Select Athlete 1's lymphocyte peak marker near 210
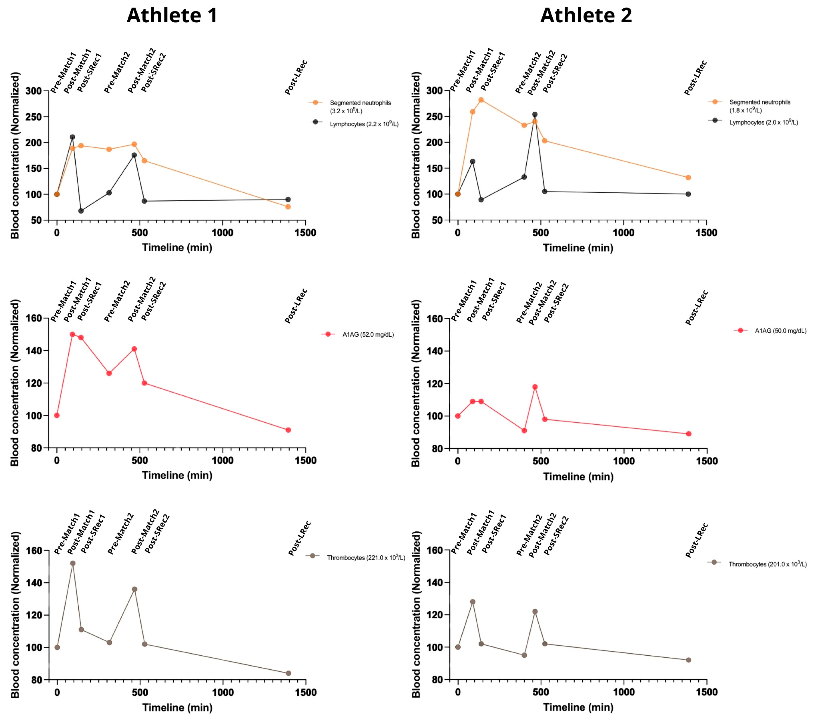(73, 137)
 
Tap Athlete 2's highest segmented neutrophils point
(481, 100)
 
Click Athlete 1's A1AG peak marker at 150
(73, 335)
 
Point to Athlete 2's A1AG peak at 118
(535, 387)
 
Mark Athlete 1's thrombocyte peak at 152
(73, 563)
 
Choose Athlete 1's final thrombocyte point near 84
(288, 673)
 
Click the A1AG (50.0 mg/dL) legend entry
(780, 331)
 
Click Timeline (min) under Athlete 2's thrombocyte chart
(578, 707)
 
